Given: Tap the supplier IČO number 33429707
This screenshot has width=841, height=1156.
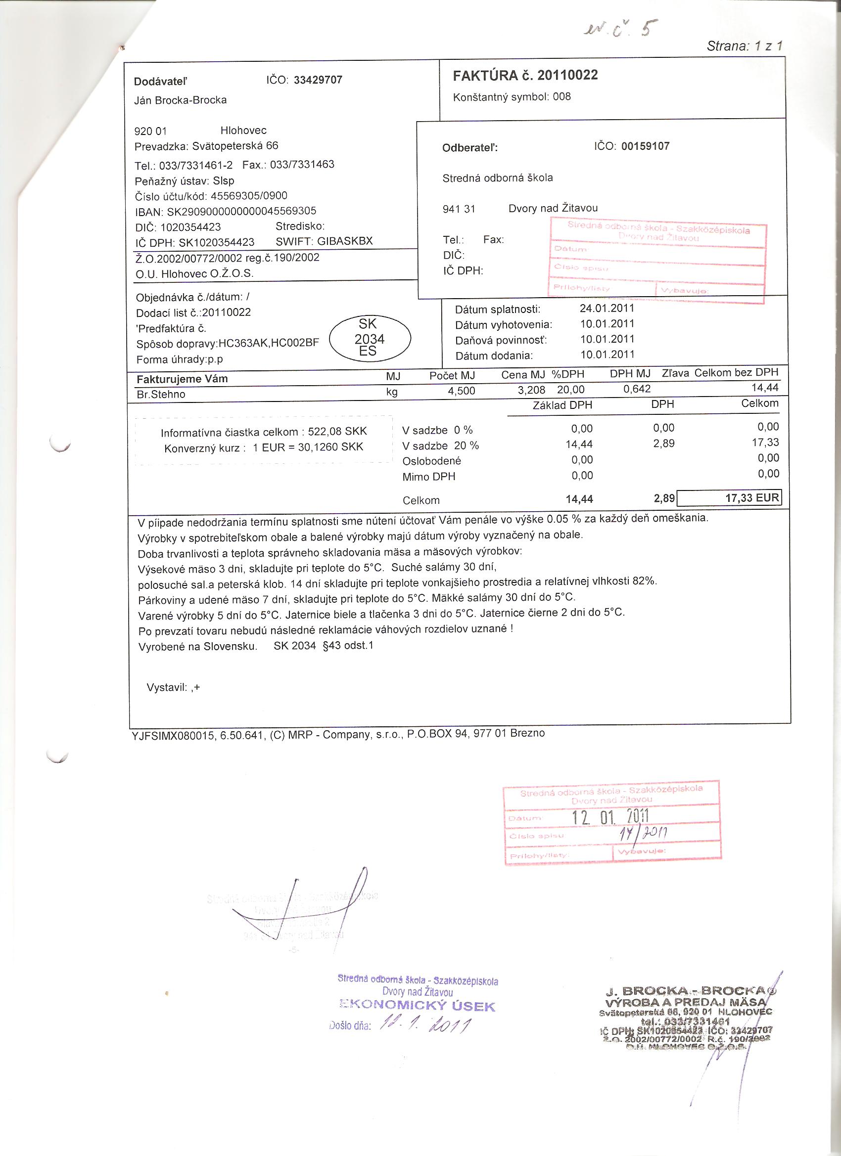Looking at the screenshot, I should point(318,80).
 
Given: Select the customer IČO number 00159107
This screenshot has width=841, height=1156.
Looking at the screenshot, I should point(645,146).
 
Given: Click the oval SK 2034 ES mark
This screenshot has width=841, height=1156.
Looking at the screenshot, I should point(370,338).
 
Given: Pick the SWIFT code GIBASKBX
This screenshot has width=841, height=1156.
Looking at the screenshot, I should point(345,241).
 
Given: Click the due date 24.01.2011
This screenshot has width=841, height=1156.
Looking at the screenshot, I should point(607,308).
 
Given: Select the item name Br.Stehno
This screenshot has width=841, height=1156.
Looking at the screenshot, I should point(161,394).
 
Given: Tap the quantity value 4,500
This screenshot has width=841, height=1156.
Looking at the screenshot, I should point(461,391).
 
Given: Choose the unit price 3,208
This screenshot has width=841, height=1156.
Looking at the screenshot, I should point(531,390).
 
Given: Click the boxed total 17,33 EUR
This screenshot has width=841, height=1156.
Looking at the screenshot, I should point(752,497).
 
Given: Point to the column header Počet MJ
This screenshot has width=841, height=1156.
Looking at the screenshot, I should point(452,376).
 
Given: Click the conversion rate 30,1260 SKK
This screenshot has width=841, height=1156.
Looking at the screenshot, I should point(331,447).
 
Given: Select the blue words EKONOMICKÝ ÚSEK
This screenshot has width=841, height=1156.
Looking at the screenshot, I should point(417,1006).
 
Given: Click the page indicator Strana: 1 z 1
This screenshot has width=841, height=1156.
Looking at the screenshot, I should point(744,46).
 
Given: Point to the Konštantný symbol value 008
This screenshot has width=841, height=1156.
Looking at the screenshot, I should point(561,96).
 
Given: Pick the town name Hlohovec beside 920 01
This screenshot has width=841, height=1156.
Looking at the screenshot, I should point(243,131).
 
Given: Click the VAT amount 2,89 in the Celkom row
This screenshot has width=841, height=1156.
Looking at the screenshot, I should point(664,498).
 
